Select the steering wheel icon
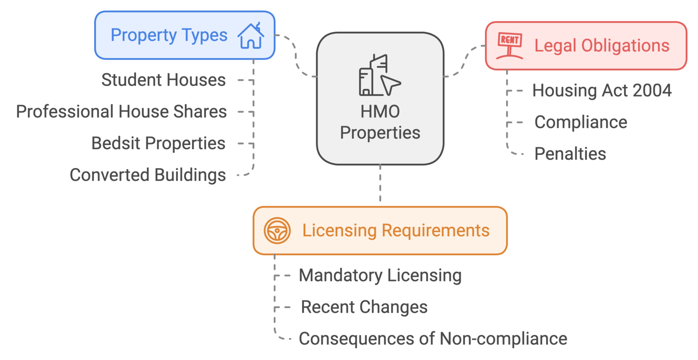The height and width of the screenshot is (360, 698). click(277, 230)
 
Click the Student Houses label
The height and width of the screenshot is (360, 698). click(163, 80)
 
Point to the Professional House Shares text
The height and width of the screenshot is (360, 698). click(121, 112)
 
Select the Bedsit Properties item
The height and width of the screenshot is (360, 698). click(159, 143)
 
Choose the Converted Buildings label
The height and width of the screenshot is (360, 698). click(148, 175)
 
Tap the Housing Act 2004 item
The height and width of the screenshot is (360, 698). click(602, 90)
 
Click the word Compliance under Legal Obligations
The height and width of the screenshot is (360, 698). click(580, 122)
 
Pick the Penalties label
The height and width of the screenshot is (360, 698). click(570, 154)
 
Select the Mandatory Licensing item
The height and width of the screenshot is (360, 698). click(380, 275)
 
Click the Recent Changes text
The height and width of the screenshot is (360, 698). click(364, 307)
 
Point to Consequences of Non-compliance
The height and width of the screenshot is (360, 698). click(433, 339)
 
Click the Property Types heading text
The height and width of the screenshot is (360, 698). click(169, 35)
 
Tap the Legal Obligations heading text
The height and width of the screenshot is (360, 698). click(602, 45)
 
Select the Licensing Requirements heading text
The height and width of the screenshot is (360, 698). click(396, 230)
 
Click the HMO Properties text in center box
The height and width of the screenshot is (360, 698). click(380, 122)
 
